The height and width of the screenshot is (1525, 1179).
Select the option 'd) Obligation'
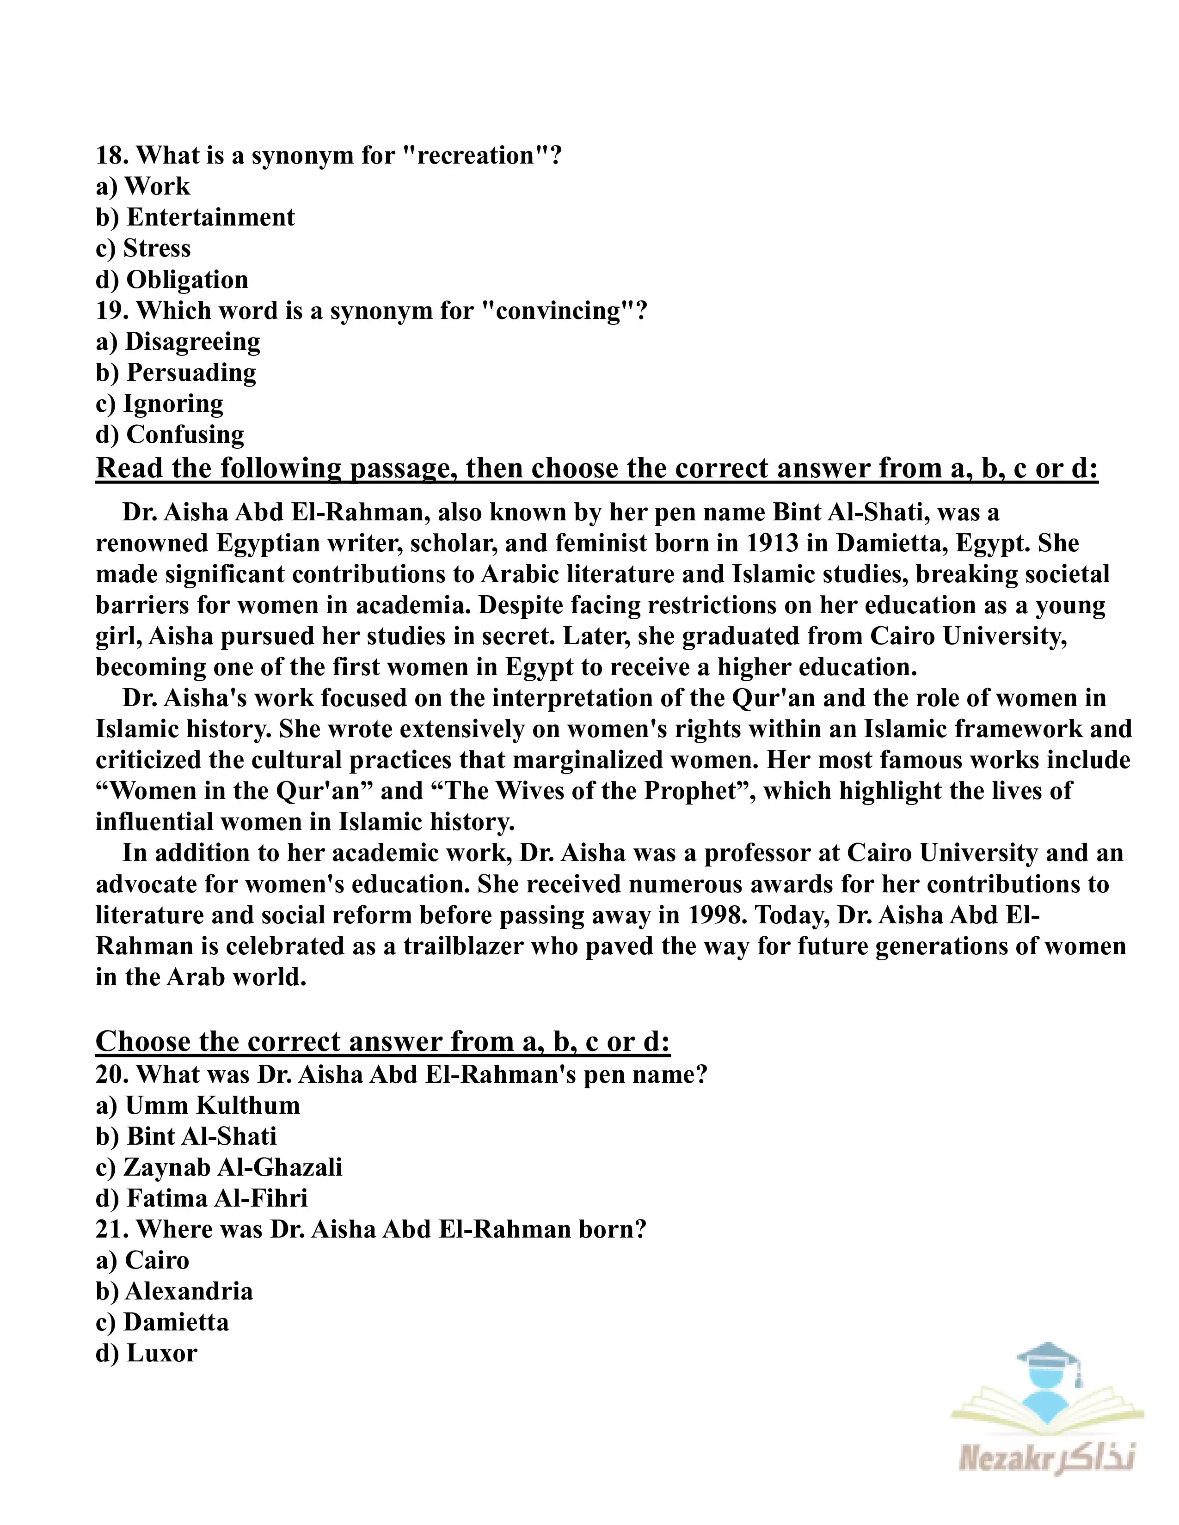[x=172, y=280]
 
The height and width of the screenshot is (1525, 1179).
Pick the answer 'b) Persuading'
[x=176, y=373]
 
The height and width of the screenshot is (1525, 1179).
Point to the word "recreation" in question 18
[x=475, y=156]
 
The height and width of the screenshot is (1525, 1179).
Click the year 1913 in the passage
[x=772, y=543]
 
